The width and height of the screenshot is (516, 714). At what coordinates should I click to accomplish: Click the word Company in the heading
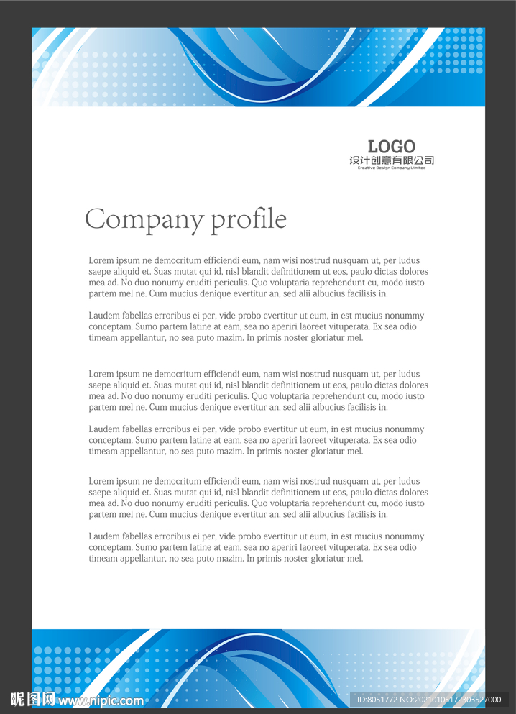click(x=145, y=219)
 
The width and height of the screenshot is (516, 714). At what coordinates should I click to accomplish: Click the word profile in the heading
click(x=249, y=219)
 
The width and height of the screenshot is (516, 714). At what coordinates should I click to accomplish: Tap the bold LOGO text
click(x=392, y=147)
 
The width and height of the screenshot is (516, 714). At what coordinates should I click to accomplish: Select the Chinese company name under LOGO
click(x=392, y=160)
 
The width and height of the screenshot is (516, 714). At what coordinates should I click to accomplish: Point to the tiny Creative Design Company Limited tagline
click(x=392, y=168)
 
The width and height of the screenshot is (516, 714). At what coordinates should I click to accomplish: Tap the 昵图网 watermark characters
click(x=33, y=699)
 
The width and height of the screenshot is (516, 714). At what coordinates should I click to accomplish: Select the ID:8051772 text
click(x=377, y=700)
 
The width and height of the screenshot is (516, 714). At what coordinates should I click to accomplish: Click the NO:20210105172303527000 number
click(x=450, y=700)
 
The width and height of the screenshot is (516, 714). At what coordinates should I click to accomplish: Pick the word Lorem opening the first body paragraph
click(x=101, y=260)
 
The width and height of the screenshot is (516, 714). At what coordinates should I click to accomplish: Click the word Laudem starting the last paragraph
click(x=103, y=536)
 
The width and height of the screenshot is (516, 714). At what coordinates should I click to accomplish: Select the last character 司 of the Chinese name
click(x=429, y=160)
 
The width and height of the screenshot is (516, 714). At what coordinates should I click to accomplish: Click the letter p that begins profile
click(x=217, y=221)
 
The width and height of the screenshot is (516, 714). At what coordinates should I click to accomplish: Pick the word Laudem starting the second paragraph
click(x=103, y=316)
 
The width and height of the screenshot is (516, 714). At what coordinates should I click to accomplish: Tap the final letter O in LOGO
click(x=408, y=147)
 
